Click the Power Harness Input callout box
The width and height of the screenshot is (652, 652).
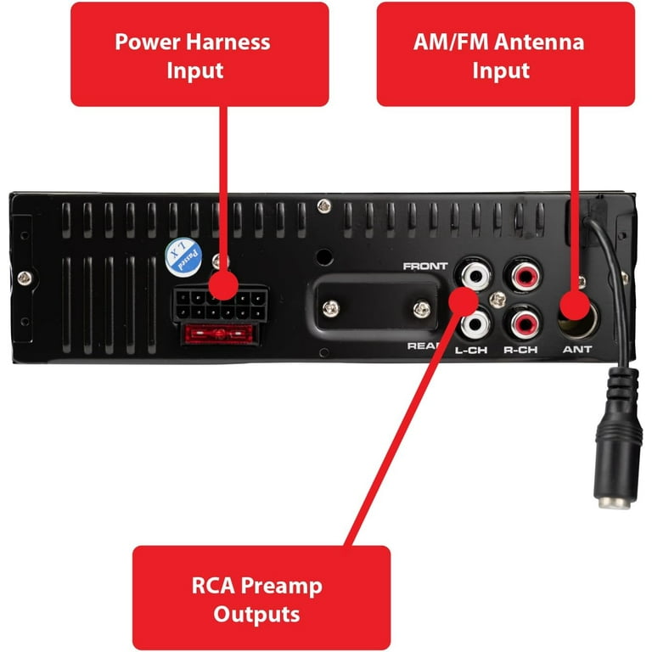pos(200,54)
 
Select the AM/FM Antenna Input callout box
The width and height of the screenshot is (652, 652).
pos(506,54)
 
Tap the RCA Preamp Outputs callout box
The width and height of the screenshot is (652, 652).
pos(261,598)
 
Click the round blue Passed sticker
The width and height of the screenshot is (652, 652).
pos(183,257)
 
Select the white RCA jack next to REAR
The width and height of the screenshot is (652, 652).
pos(475,324)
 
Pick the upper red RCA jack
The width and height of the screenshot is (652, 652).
pos(523,275)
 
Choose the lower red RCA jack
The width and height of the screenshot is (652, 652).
pos(523,324)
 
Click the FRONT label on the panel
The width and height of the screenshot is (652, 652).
pos(425,266)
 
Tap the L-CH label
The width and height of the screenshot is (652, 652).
pos(470,350)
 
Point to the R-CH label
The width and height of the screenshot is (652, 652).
pos(520,350)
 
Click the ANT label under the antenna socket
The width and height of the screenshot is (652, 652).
pos(577,349)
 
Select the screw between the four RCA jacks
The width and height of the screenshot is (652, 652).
pos(497,300)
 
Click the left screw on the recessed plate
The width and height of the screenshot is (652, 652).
pos(331,308)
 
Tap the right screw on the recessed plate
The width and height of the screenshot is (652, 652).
pos(422,309)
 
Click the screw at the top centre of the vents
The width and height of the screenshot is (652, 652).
pos(324,205)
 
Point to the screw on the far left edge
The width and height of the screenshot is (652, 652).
pos(24,278)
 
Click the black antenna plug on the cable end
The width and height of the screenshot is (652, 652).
pos(617,439)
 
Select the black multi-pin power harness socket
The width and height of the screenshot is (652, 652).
pos(221,305)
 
